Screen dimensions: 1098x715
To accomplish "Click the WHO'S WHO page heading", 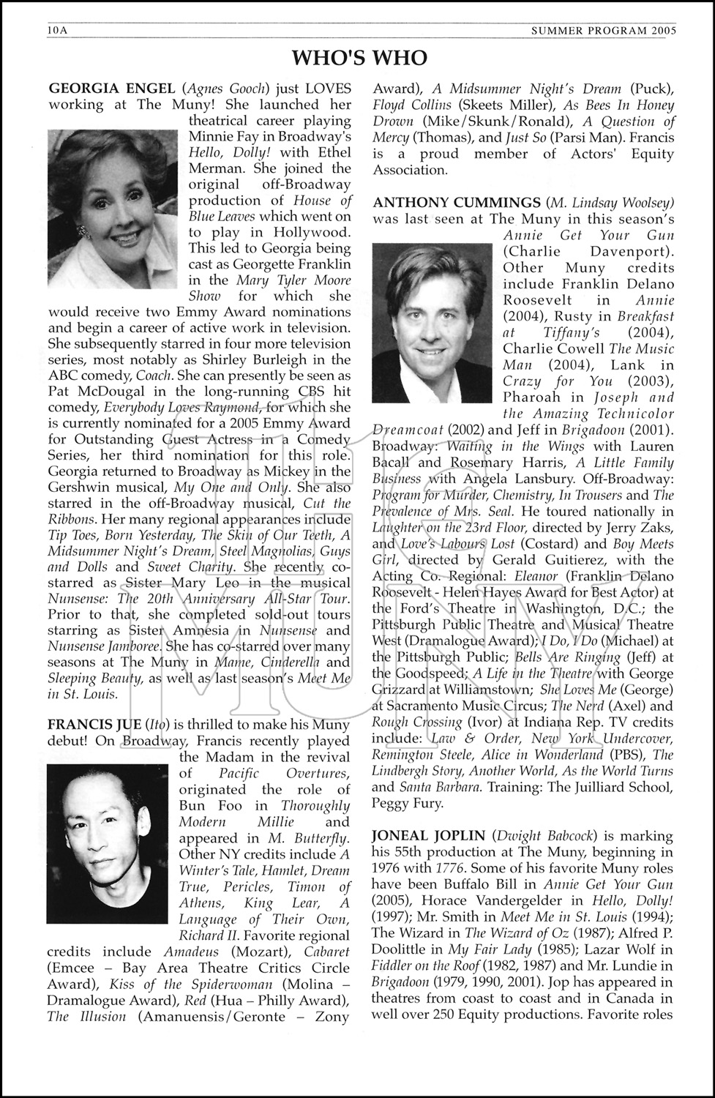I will (x=359, y=58).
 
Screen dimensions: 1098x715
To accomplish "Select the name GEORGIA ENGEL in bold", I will (x=101, y=89).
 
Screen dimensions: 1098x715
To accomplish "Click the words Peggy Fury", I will (x=407, y=804).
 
